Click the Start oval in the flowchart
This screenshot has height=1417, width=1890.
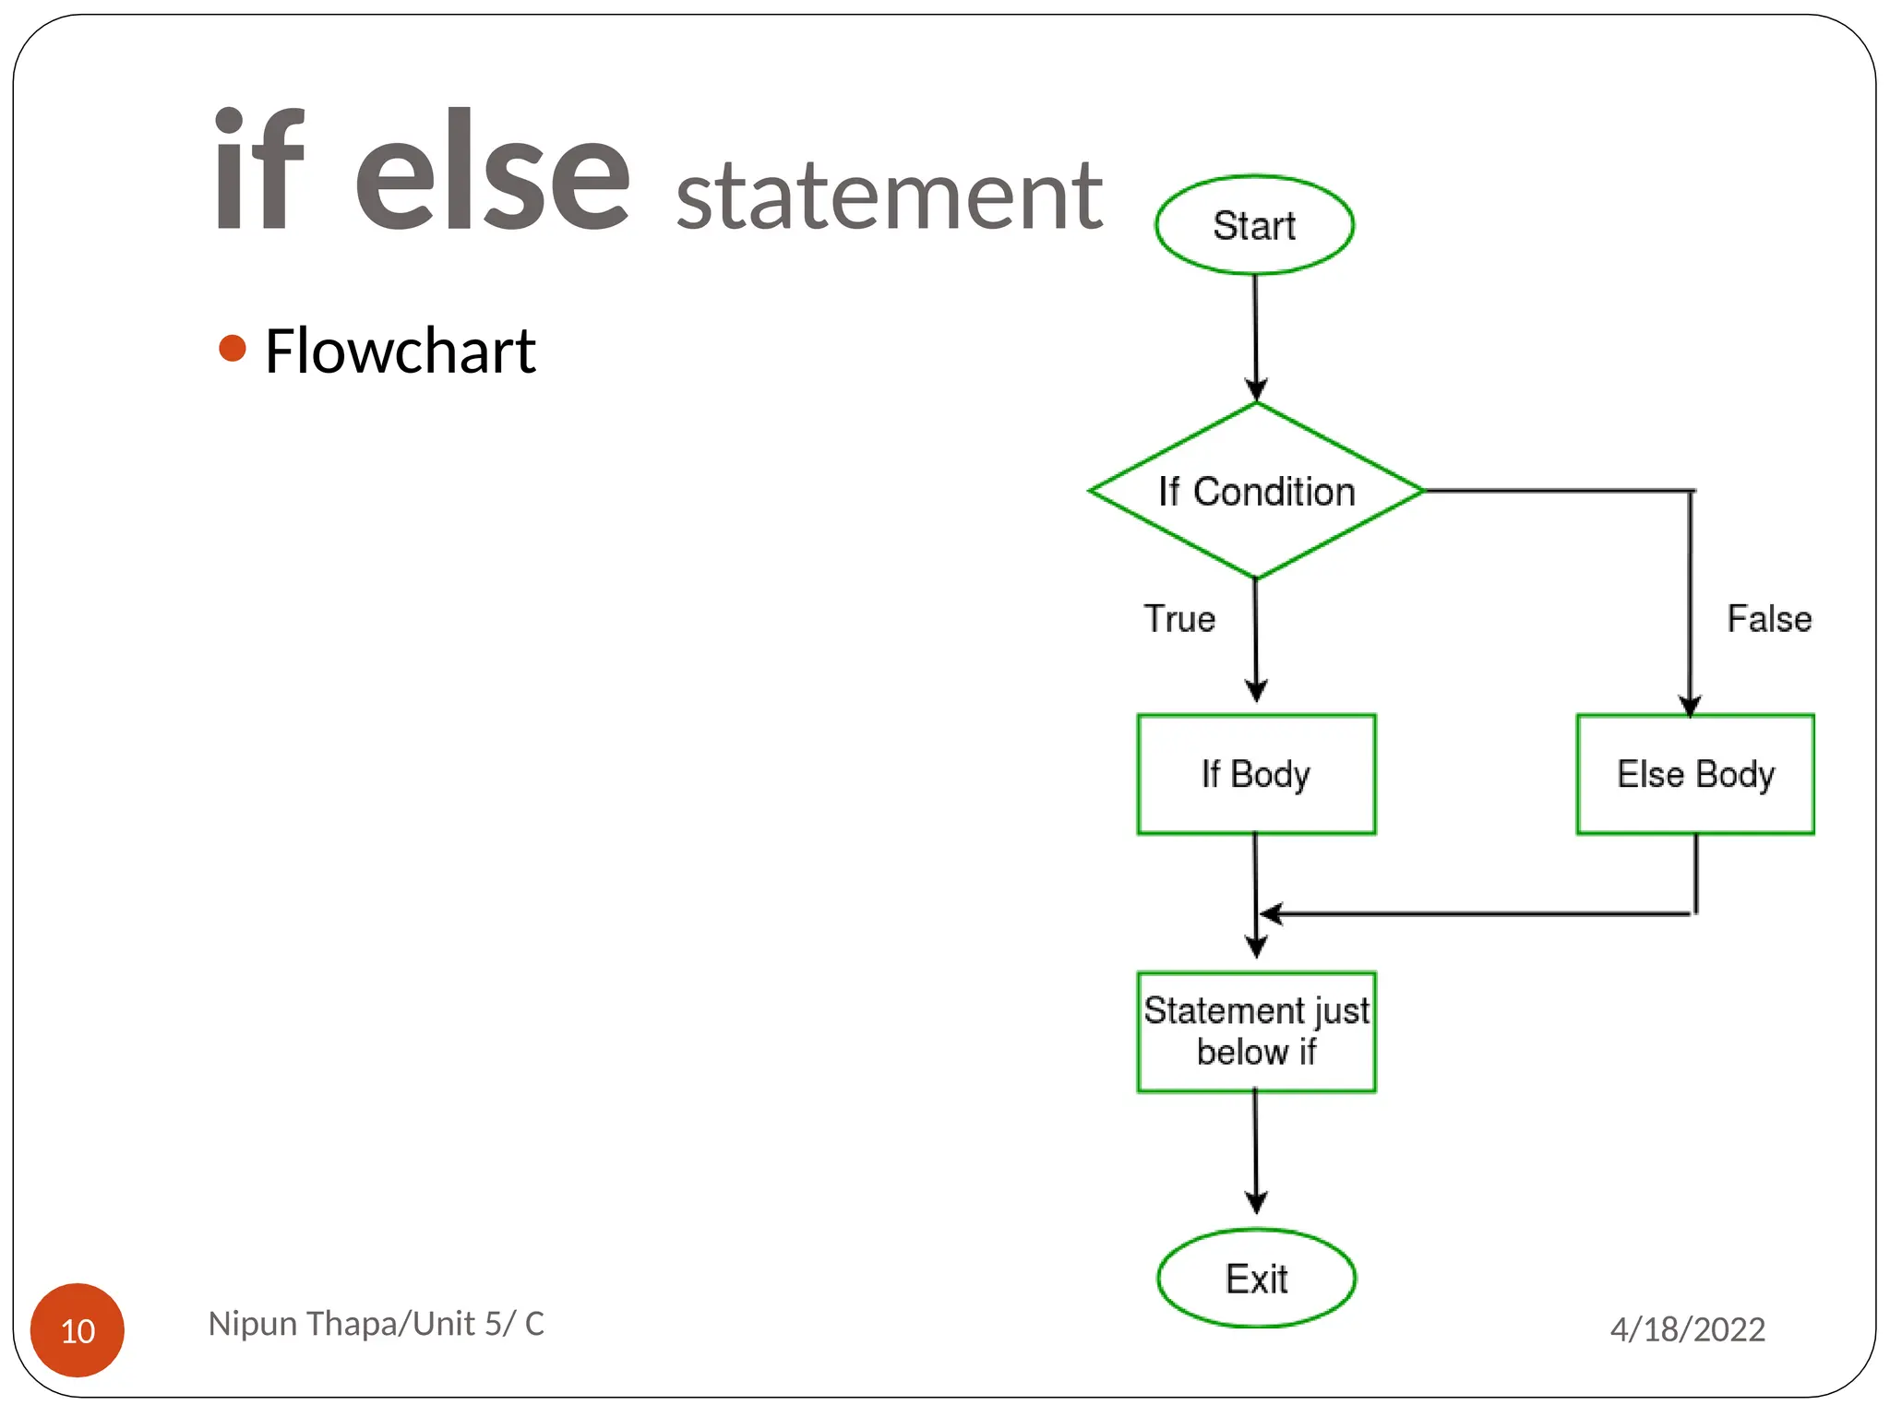1254,225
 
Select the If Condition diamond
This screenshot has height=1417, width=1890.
1256,491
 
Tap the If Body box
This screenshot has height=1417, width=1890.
1256,774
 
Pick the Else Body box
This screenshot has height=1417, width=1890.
1695,774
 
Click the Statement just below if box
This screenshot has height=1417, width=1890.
1256,1031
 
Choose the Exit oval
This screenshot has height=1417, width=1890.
1256,1279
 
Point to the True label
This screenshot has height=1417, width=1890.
1179,618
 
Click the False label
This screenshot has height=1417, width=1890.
1769,618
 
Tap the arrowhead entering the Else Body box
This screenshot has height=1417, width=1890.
1690,706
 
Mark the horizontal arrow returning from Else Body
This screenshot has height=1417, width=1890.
1477,913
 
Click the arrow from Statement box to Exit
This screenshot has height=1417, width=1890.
1255,1153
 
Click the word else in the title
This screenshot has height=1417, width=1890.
492,171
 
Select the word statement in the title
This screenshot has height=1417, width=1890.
889,195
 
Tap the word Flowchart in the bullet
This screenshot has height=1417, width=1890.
400,351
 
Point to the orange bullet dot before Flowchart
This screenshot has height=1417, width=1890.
233,348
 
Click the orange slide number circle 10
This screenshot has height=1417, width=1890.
78,1329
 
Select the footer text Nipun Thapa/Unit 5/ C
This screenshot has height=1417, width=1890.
376,1323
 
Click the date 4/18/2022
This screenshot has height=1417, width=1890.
1687,1329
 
